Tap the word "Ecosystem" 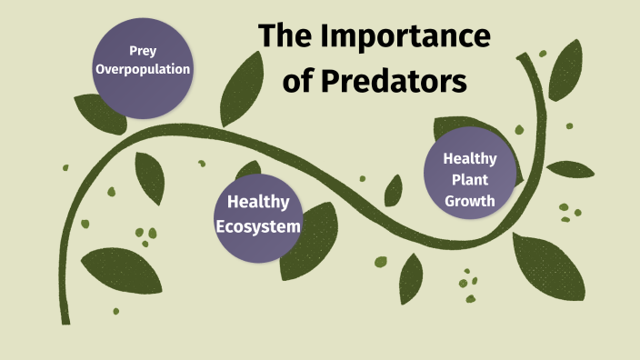tap(257, 225)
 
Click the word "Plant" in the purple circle tap(470, 179)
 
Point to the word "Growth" tap(470, 200)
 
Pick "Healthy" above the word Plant tap(470, 158)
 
